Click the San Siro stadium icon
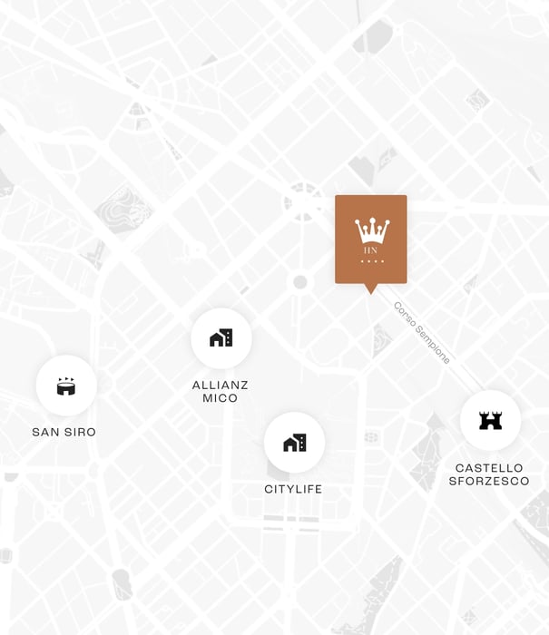(x=66, y=386)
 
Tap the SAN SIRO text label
(x=64, y=432)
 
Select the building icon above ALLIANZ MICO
(x=221, y=338)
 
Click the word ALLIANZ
(x=221, y=385)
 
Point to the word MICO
(x=221, y=398)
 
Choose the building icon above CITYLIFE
(x=294, y=443)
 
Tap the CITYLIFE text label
(x=293, y=489)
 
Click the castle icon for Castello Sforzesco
(x=490, y=420)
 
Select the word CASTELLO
(x=489, y=468)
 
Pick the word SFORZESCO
(x=489, y=481)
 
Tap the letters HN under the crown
(x=371, y=250)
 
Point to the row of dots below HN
(x=371, y=261)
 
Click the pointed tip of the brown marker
(x=370, y=291)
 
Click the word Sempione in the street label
(x=432, y=344)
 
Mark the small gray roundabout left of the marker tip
(x=300, y=282)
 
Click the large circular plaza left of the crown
(x=302, y=201)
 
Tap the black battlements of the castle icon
(x=490, y=415)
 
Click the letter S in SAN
(x=35, y=432)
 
